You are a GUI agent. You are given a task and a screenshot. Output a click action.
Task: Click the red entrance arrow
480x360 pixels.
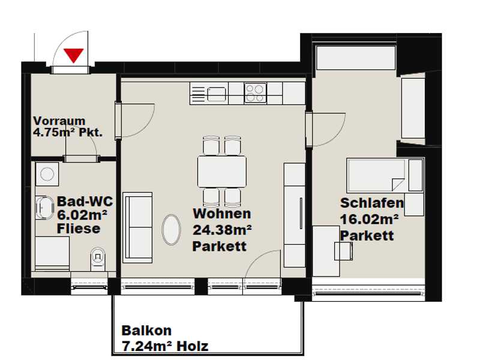coord(74,55)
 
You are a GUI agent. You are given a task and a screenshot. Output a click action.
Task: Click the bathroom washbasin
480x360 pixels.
coord(44,208)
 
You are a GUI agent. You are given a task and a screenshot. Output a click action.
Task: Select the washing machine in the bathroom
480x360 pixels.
coord(47,174)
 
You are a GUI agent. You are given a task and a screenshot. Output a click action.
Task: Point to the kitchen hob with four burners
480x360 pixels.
coord(256,93)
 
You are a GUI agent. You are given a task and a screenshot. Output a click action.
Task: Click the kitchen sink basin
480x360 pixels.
coord(217,94)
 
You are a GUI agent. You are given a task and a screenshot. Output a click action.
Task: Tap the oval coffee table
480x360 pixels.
coord(171,230)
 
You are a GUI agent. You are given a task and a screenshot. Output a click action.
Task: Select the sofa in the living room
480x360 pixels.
coord(137,227)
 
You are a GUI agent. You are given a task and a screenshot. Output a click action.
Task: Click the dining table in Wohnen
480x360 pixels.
coord(222,172)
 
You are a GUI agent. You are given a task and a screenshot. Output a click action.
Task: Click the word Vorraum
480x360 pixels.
coord(59,121)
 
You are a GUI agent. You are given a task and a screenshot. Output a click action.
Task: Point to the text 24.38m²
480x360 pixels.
coord(222,230)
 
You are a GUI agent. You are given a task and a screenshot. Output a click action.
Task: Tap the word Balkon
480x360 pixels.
coord(146,331)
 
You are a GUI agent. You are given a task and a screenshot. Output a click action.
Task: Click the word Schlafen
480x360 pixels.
coord(372,203)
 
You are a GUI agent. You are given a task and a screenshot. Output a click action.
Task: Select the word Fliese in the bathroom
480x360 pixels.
coord(79,229)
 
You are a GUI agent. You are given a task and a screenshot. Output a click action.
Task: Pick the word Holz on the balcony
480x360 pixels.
coord(193,346)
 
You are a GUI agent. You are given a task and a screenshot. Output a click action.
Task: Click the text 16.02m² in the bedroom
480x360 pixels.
coord(370,219)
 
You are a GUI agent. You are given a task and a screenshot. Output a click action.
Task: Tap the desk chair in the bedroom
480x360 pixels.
coord(343,251)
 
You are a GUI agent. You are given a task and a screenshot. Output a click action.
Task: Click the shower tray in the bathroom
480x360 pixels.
coord(52,253)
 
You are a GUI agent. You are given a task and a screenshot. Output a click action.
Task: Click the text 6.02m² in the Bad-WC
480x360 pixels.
coord(82,215)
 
